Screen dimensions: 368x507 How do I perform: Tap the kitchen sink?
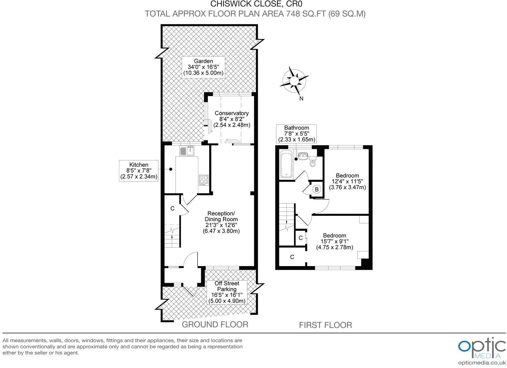click(187, 151)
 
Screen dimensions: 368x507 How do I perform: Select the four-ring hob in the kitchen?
click(204, 180)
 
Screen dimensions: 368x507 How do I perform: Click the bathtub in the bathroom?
click(286, 165)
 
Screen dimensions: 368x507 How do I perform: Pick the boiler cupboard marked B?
click(317, 189)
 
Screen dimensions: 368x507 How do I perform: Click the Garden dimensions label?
click(203, 67)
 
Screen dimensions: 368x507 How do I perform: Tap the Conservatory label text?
click(232, 119)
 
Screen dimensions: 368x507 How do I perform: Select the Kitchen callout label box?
click(139, 171)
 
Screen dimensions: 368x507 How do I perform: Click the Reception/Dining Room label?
click(221, 222)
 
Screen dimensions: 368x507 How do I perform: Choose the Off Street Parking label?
click(226, 292)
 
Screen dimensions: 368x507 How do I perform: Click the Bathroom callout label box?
click(296, 133)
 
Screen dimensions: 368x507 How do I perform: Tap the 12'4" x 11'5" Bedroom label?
click(347, 181)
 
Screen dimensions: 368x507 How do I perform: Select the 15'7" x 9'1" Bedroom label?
click(334, 241)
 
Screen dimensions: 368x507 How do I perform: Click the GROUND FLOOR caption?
click(215, 324)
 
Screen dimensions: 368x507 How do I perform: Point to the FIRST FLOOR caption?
click(325, 325)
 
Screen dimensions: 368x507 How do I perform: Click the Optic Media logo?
click(482, 349)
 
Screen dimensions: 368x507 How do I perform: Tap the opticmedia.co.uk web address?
click(482, 363)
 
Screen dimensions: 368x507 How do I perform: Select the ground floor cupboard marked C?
click(172, 208)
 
